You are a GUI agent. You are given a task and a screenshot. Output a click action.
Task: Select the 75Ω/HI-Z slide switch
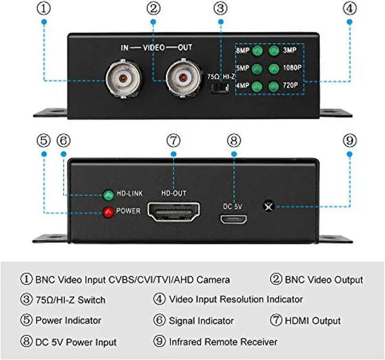pos(221,87)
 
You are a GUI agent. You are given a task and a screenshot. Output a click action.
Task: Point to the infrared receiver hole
pos(268,206)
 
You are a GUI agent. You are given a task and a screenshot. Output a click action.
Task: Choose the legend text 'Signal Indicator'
pos(202,320)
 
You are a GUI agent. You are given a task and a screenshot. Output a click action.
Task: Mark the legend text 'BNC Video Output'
pos(323,279)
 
